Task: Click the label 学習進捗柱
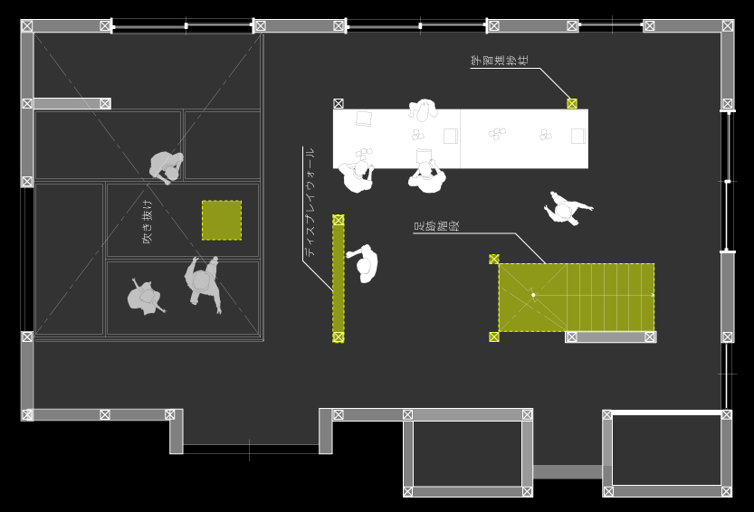tap(500, 61)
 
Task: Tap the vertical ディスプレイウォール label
tap(310, 203)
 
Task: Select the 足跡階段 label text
tap(436, 226)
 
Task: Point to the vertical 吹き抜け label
tap(148, 222)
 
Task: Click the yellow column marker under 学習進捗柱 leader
tap(572, 103)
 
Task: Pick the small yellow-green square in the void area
tap(222, 220)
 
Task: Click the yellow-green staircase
tap(576, 298)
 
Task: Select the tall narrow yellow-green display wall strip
tap(339, 278)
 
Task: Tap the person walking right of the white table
tap(566, 210)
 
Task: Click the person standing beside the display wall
tap(365, 263)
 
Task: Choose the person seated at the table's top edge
tap(423, 109)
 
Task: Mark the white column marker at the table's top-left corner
tap(339, 104)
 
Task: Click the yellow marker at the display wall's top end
tap(339, 220)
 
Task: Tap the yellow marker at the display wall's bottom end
tap(339, 337)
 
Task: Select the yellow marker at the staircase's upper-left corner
tap(494, 259)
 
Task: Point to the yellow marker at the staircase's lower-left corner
tap(494, 337)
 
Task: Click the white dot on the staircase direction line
tap(533, 295)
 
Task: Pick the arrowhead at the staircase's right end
tap(652, 295)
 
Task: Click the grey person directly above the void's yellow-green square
tap(167, 166)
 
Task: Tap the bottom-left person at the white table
tap(358, 175)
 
